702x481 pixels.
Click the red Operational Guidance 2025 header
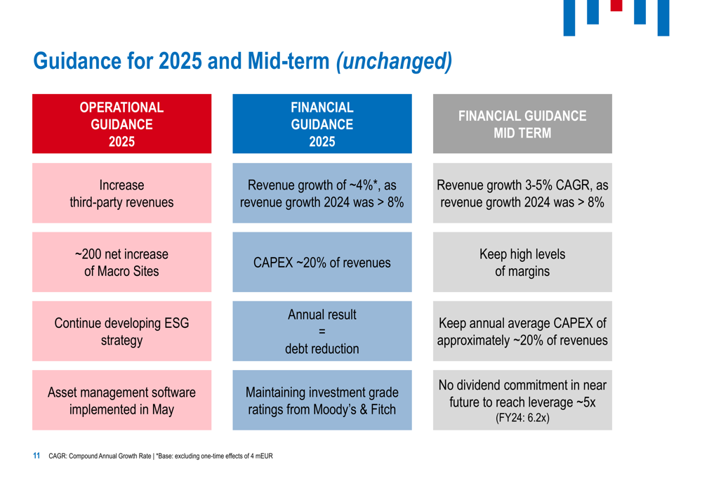point(121,124)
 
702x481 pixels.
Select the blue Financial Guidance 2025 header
point(322,124)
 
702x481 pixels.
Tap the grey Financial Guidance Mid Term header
point(522,124)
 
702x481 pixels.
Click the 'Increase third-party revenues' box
point(121,194)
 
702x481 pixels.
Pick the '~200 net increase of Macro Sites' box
point(121,263)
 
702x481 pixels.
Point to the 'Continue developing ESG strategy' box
point(121,331)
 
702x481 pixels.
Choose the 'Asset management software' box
point(121,400)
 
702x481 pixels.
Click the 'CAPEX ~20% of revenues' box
point(322,263)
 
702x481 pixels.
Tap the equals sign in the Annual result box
point(322,331)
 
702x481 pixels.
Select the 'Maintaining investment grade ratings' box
point(322,400)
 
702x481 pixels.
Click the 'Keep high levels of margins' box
point(522,263)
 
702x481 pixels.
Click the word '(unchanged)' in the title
point(395,62)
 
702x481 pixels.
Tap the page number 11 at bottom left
point(37,456)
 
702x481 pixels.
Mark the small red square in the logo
point(616,6)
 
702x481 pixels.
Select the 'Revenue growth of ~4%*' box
point(322,194)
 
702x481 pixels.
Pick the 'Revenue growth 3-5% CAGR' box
point(522,194)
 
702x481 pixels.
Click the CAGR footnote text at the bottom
point(160,456)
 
